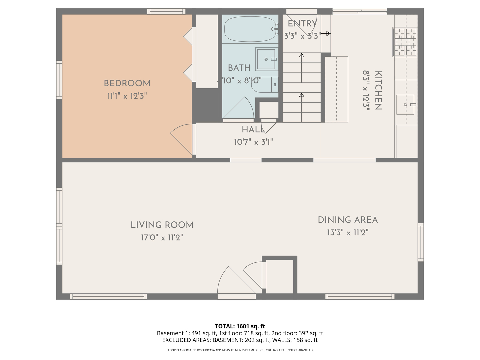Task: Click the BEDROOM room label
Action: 127,83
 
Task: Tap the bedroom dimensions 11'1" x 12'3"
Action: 127,96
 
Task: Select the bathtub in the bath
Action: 250,29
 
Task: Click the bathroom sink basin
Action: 266,59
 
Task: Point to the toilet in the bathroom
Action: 265,85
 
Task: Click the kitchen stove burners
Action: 405,42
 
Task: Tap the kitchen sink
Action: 405,105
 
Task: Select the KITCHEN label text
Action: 378,90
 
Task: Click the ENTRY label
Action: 302,23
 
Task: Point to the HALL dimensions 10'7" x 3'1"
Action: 253,142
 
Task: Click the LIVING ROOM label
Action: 162,225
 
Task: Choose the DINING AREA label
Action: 348,220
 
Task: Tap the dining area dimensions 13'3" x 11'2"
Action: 348,233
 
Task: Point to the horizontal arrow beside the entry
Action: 326,33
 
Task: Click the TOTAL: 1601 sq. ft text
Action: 240,326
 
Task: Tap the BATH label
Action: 239,68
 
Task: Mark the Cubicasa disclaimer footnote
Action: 240,350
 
